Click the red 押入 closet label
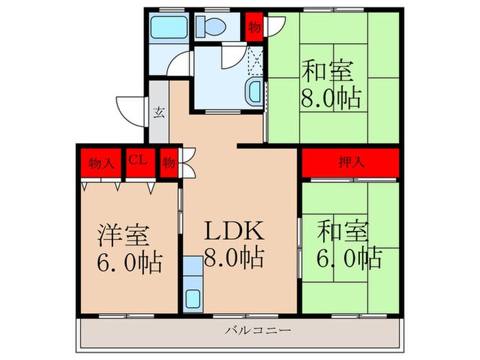[x=350, y=163]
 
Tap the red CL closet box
[x=137, y=161]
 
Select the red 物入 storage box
[x=100, y=163]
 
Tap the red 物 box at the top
[x=254, y=27]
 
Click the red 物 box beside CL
[x=169, y=163]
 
